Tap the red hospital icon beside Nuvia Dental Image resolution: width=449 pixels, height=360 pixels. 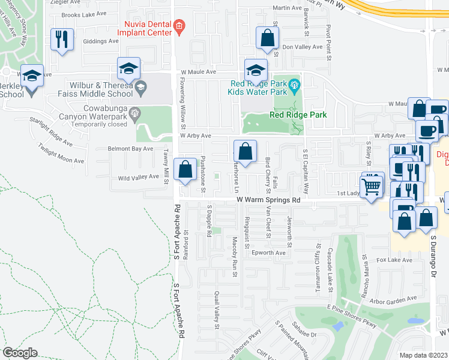(179, 25)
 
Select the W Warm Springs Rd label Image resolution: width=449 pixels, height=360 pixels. (268, 199)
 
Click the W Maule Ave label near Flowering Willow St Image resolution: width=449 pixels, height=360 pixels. (198, 71)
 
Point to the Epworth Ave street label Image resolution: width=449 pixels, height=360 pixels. (269, 253)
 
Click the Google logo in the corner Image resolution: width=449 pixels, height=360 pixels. (20, 353)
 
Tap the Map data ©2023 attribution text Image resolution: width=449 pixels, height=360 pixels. (423, 355)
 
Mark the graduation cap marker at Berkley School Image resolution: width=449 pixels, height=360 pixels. (32, 75)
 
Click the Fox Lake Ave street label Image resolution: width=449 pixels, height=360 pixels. (394, 260)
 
